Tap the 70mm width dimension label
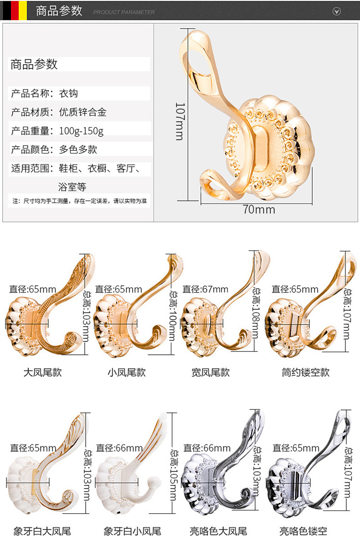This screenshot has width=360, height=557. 258,210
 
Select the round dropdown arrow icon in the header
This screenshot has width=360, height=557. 337,11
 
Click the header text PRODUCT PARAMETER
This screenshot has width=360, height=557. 124,12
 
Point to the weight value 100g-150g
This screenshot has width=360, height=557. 81,131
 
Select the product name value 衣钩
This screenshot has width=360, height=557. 69,93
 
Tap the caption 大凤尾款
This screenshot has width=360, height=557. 42,373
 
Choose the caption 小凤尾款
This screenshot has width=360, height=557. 127,373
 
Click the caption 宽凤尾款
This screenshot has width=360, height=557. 211,373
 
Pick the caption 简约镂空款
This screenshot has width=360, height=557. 305,373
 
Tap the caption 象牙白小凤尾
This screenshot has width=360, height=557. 132,531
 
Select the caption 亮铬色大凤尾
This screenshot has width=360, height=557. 218,531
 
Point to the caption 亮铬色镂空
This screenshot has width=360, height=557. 303,531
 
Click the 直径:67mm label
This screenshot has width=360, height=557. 205,289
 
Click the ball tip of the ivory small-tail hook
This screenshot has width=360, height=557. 155,482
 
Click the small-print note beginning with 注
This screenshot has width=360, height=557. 79,200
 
